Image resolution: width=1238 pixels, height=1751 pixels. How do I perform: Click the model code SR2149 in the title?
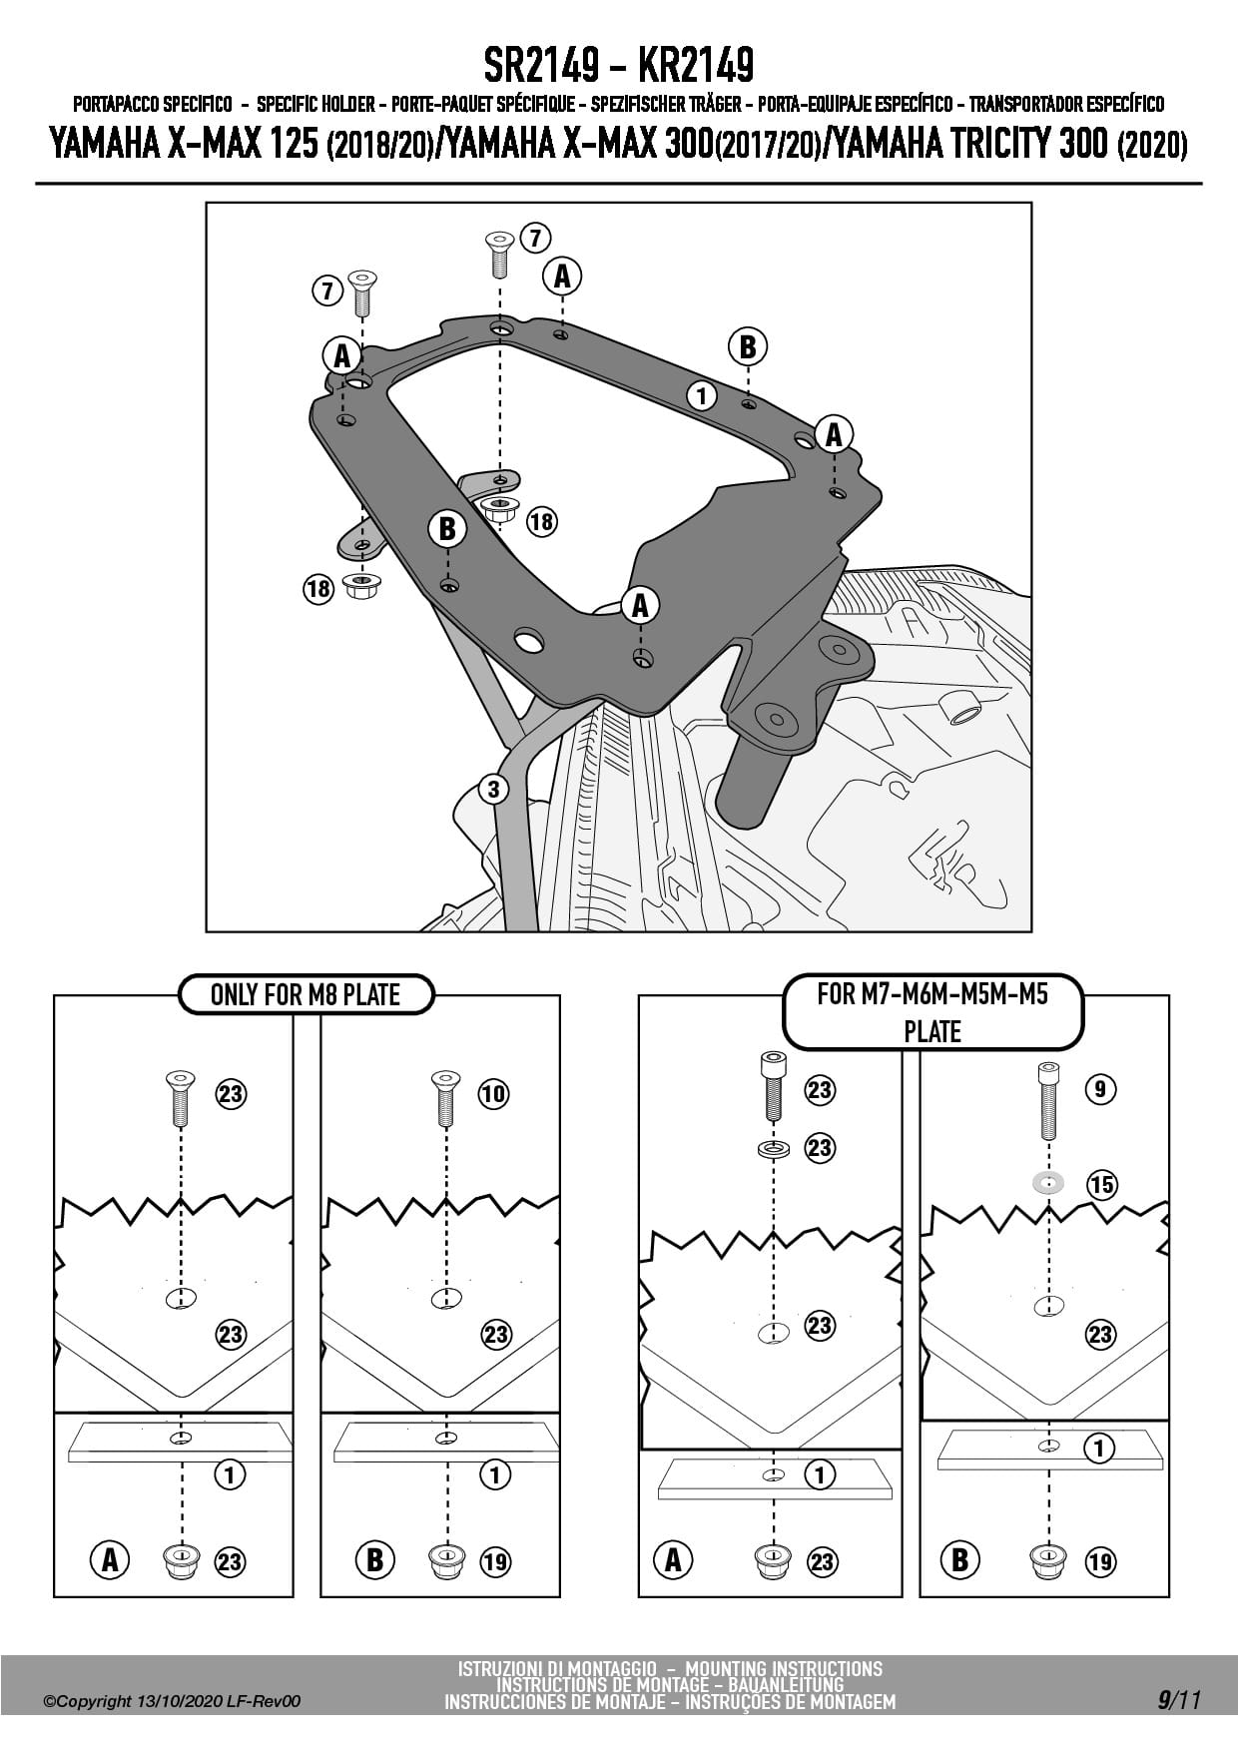541,67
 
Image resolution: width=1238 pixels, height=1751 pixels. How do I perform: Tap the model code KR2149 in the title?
695,67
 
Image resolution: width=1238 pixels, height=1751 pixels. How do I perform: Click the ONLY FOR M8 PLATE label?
305,994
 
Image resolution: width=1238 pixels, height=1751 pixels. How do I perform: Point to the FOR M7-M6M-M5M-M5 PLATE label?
932,1011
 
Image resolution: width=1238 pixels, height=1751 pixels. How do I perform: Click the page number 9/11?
1179,1700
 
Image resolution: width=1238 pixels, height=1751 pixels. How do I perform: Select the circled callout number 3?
493,789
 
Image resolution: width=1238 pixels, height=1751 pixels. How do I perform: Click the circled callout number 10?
493,1094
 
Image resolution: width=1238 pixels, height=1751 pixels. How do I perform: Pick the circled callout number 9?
1100,1088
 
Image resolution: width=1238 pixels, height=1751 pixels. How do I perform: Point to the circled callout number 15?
1101,1185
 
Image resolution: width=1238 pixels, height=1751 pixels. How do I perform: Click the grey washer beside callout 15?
1048,1184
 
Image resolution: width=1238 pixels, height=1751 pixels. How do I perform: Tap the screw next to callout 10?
445,1098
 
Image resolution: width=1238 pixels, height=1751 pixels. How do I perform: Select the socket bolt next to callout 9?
1047,1100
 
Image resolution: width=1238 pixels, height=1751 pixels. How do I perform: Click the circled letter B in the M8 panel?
374,1559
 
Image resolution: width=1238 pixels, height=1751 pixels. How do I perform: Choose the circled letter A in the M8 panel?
110,1559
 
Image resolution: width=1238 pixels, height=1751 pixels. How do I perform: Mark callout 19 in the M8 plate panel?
495,1561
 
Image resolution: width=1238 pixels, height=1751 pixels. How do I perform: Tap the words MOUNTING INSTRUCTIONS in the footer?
783,1669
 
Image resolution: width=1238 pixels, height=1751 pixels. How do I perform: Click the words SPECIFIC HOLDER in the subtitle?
315,104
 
